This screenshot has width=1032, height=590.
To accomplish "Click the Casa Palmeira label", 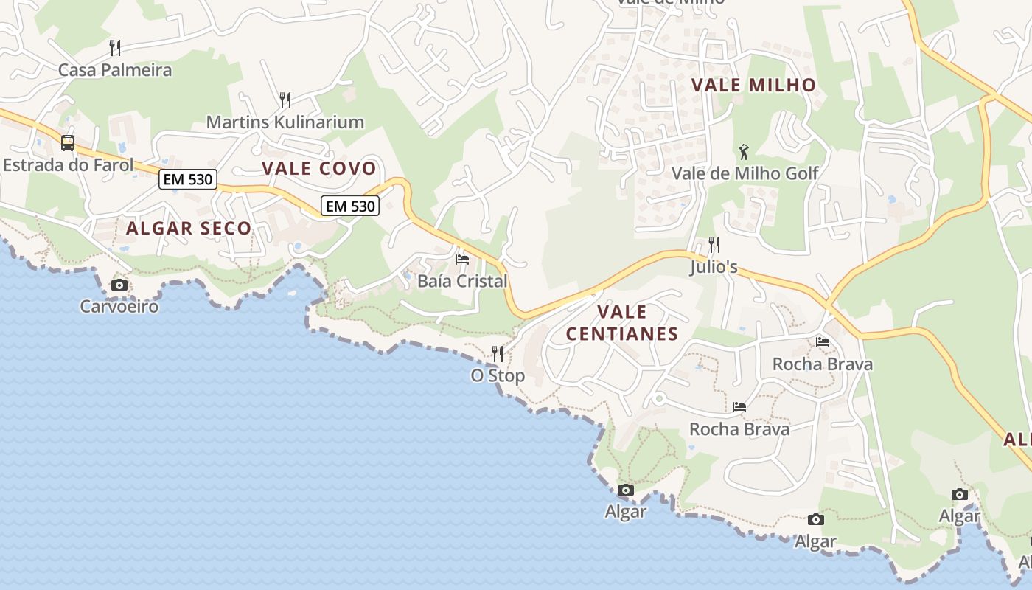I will [x=114, y=70].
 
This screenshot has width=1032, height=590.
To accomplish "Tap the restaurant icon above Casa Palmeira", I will [x=114, y=48].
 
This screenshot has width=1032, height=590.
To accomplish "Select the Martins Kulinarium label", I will [x=285, y=122].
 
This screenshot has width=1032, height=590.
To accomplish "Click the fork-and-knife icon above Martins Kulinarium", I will [x=285, y=100].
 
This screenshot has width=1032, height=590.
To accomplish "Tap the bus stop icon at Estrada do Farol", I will [x=68, y=142].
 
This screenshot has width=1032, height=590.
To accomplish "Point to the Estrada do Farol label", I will [x=68, y=164].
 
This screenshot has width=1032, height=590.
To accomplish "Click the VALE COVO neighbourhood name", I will [x=319, y=168].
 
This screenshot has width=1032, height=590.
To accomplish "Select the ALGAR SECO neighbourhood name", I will [x=189, y=229].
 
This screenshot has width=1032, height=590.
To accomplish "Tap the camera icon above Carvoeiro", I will [x=119, y=285].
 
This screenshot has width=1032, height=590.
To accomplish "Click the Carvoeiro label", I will [x=119, y=305].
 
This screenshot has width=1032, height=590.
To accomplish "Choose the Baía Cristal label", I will [x=462, y=281].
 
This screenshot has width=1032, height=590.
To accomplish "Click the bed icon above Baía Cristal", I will [x=462, y=260].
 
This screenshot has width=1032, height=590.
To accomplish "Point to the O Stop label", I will [x=498, y=375].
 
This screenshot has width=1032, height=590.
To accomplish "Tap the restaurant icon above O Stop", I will [x=498, y=354].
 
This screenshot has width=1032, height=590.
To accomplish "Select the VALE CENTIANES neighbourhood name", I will [x=622, y=322].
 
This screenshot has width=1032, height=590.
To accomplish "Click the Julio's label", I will [x=713, y=267].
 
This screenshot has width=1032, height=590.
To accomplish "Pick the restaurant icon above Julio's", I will [x=714, y=244].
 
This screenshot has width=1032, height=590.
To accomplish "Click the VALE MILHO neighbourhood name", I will [x=754, y=85].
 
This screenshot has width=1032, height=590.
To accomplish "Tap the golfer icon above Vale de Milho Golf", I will [x=744, y=152].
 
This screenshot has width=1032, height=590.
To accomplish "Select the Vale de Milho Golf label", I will [x=745, y=173].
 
